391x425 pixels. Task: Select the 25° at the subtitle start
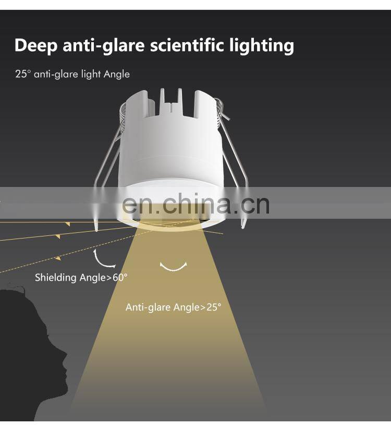click(x=23, y=74)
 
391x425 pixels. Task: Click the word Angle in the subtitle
click(x=116, y=74)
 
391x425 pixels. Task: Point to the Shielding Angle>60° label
click(x=81, y=278)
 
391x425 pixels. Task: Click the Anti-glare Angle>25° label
click(x=173, y=307)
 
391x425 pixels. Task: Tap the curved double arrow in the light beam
click(x=174, y=266)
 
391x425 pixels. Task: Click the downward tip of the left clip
click(x=96, y=227)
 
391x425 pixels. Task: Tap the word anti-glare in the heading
click(x=104, y=45)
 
